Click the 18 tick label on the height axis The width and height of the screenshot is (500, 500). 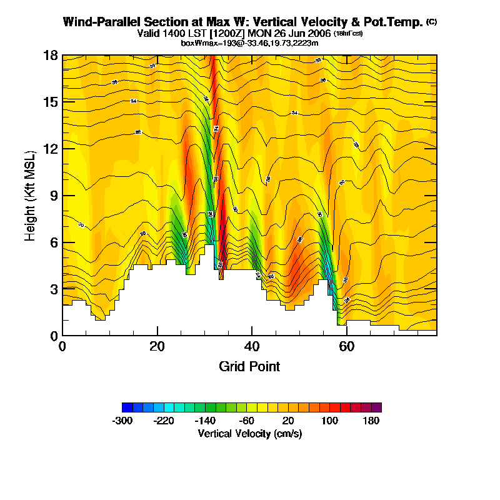pos(51,55)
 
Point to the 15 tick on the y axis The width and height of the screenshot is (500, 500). pos(51,102)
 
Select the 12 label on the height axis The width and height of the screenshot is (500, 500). pos(51,149)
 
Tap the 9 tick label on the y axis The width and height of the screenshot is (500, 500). pos(54,196)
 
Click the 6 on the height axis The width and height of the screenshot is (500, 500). pos(54,242)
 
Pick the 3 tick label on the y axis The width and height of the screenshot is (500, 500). pos(54,289)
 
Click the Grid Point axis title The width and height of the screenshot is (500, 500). pos(249,366)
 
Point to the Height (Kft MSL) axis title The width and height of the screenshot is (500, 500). pos(31,196)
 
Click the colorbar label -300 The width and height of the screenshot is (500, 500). pos(122,421)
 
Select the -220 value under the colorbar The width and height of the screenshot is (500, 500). pos(164,421)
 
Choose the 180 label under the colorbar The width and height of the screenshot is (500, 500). pos(371,421)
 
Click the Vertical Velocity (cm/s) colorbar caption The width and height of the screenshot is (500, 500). pos(249,433)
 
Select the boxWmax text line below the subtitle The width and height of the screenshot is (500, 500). pos(249,42)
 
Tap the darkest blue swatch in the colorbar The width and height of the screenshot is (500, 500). pos(127,407)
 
